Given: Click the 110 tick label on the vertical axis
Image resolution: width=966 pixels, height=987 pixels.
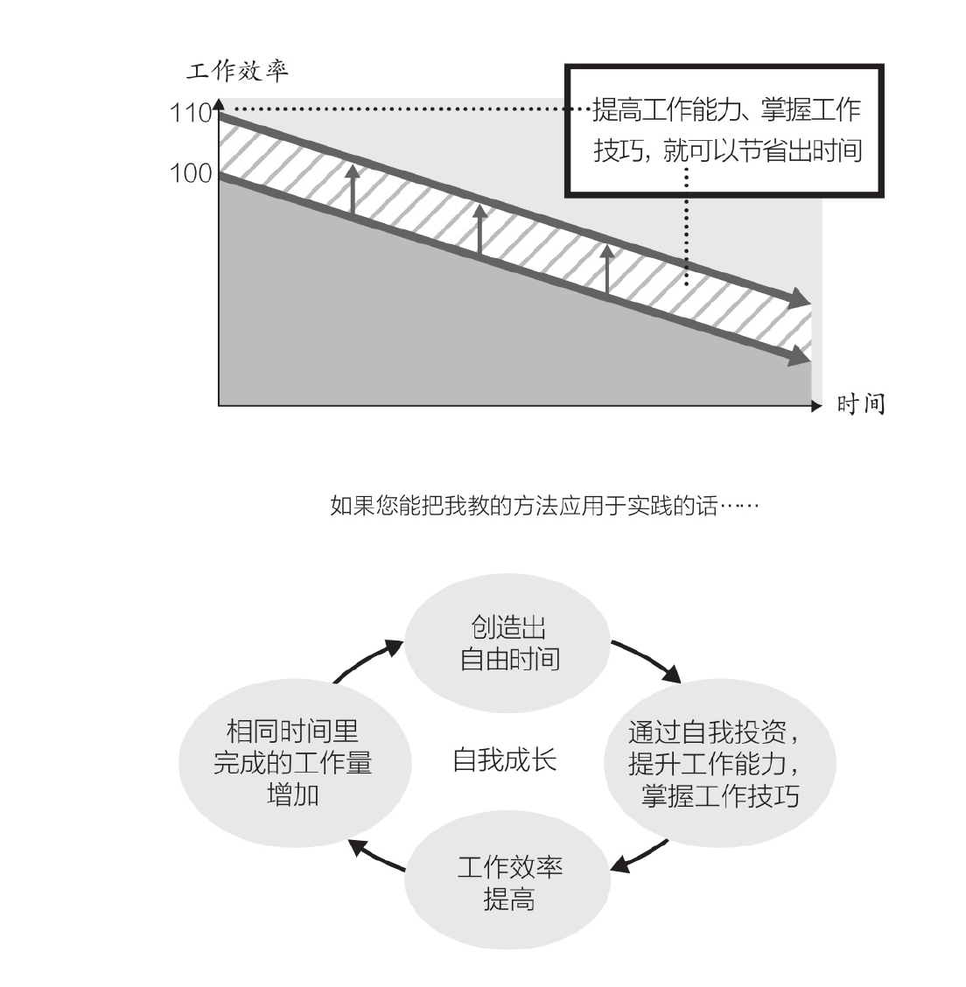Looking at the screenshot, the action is pyautogui.click(x=191, y=113).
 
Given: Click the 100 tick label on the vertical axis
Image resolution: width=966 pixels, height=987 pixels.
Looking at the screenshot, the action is pyautogui.click(x=191, y=173).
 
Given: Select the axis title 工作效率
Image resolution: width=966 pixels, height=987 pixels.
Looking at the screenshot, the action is pyautogui.click(x=237, y=71).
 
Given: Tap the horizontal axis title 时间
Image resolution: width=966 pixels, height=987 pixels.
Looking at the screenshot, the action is pyautogui.click(x=860, y=404).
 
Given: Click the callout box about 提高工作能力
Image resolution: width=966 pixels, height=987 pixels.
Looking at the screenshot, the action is pyautogui.click(x=724, y=131).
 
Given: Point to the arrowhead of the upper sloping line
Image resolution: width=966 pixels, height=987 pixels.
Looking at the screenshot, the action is pyautogui.click(x=801, y=298).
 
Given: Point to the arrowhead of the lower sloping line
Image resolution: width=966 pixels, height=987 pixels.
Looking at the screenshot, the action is pyautogui.click(x=801, y=355).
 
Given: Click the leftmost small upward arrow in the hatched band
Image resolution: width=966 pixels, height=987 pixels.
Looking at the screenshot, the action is pyautogui.click(x=353, y=189).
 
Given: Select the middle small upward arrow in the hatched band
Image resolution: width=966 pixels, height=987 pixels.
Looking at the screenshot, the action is pyautogui.click(x=480, y=229).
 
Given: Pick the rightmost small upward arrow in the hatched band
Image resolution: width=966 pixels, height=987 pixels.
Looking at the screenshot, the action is pyautogui.click(x=606, y=269).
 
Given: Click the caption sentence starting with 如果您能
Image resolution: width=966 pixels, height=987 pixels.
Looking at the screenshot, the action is pyautogui.click(x=544, y=506).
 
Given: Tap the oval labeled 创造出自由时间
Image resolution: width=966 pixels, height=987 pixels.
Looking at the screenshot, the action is pyautogui.click(x=507, y=642).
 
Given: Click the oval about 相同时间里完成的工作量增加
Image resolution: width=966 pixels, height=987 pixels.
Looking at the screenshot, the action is pyautogui.click(x=295, y=763).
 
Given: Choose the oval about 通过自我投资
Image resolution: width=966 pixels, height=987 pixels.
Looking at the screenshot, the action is pyautogui.click(x=720, y=763).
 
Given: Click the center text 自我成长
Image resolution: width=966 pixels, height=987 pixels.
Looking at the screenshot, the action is pyautogui.click(x=505, y=760).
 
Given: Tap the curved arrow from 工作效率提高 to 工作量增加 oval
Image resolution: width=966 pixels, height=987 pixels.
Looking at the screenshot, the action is pyautogui.click(x=375, y=857).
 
